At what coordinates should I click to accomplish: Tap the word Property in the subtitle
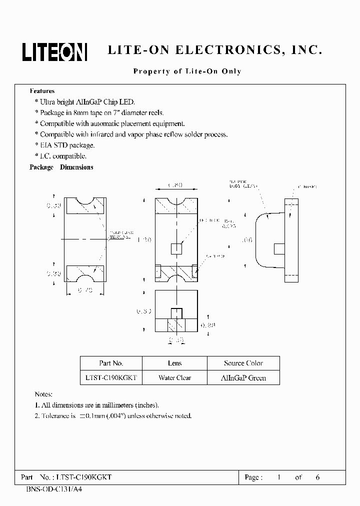150,71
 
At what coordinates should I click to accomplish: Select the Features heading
42,91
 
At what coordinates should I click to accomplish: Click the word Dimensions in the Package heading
76,167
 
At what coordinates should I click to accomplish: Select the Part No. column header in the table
111,363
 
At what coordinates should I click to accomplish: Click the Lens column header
174,363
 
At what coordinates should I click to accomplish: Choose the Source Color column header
243,363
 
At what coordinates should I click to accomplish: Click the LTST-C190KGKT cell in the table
111,378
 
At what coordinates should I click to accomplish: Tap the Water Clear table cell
174,378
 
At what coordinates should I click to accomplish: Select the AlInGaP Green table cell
243,378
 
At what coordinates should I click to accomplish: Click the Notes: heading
43,394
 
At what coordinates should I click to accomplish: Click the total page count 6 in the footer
317,477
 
